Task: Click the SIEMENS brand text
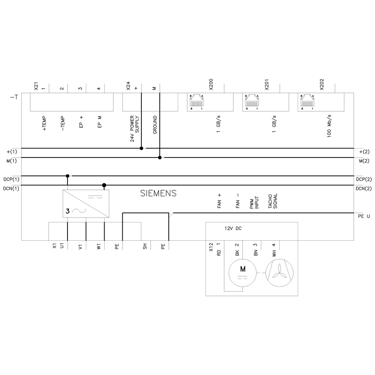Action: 158,193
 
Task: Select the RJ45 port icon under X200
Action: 196,100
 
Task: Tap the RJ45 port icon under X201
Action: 252,100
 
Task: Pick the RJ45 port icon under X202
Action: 307,100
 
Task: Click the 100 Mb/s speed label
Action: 329,126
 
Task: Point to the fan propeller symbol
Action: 279,273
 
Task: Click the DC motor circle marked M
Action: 243,273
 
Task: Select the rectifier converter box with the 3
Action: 86,204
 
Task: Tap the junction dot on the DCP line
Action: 67,176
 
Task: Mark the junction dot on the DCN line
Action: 104,185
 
